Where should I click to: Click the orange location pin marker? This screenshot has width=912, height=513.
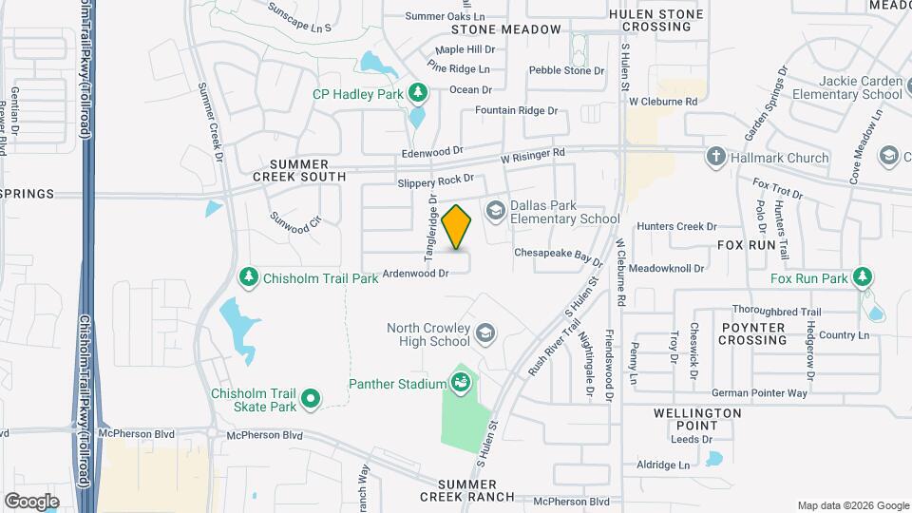(457, 227)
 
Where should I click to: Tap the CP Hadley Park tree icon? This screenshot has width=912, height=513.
(417, 92)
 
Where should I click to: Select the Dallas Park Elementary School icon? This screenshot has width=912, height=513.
(495, 209)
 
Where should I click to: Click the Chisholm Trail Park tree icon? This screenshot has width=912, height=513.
(248, 276)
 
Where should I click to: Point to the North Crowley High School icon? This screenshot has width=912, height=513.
(485, 332)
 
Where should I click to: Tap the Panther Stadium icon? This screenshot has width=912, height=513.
(461, 384)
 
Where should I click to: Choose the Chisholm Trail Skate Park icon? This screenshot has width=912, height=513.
(310, 400)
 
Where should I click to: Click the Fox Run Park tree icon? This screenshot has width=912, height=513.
(863, 277)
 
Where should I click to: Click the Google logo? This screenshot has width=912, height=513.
(31, 501)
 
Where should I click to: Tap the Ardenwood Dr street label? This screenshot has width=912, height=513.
(415, 274)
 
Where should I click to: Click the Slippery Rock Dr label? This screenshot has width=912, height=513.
(435, 180)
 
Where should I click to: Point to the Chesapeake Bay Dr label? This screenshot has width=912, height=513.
(559, 255)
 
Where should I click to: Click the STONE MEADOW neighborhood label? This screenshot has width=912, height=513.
(513, 29)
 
